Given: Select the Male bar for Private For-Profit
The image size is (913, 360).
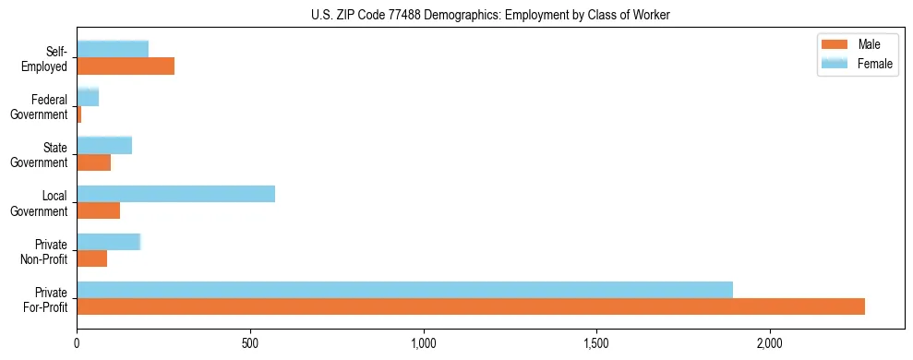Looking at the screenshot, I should pos(471,306).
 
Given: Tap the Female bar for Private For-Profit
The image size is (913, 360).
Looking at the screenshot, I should pos(404,290).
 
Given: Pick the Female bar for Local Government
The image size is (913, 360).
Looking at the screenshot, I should pos(175,194).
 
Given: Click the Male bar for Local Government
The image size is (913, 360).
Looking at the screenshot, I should pos(98,210).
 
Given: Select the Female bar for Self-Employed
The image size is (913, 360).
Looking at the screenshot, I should pos(113,50).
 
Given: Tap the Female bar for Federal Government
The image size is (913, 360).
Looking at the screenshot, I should pos(88,98).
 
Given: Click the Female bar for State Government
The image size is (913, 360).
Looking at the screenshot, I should pos(104,146).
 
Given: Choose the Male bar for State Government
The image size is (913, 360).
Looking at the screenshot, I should pos(93,162).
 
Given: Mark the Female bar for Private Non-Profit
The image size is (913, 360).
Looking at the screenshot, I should pos(108,242).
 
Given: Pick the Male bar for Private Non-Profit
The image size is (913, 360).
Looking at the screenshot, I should pos(91,258).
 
